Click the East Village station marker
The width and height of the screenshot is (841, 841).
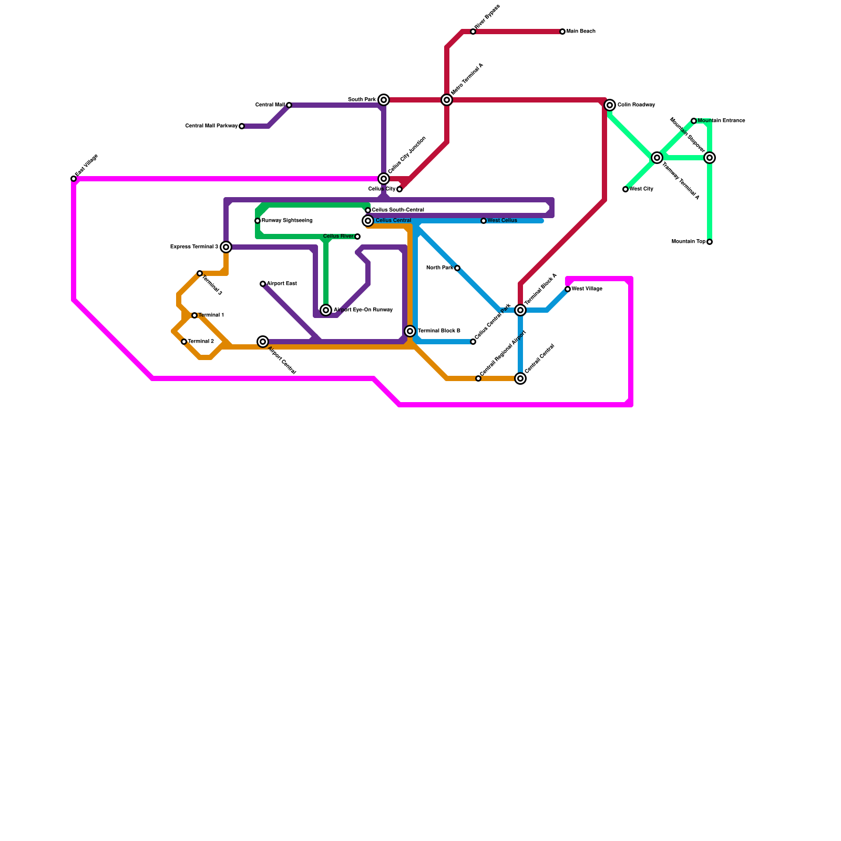point(74,179)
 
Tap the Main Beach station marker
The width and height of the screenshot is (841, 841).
point(562,32)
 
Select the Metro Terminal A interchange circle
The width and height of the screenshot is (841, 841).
point(447,100)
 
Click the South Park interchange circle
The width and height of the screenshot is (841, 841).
point(384,100)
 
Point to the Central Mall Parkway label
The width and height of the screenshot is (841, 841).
point(211,126)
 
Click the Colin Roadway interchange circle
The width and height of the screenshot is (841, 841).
point(610,105)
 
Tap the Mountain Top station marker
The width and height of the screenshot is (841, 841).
point(710,242)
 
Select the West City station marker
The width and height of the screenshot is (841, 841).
point(625,189)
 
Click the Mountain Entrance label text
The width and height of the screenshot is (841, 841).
point(721,121)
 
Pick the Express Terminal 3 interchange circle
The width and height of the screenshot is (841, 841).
point(226,247)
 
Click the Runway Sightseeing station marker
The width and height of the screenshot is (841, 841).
point(258,221)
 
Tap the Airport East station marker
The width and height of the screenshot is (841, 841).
point(263,284)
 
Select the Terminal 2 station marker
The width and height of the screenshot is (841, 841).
point(184,342)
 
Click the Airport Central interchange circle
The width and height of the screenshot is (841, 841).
point(263,342)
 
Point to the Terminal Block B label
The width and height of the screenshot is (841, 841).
point(439,331)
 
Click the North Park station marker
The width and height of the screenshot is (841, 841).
point(457,268)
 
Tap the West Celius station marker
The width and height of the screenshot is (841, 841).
point(484,221)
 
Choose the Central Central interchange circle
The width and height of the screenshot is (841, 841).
point(520,378)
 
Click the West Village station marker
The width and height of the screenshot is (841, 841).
point(568,289)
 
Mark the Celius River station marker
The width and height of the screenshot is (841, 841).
point(357,237)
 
